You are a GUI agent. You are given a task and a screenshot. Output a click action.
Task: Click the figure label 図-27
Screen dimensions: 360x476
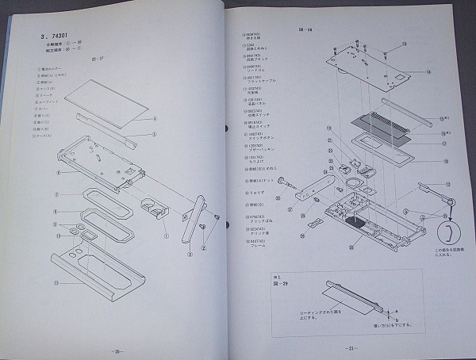click(98, 59)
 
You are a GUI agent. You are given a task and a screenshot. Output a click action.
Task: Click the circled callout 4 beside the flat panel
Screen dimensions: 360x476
click(154, 120)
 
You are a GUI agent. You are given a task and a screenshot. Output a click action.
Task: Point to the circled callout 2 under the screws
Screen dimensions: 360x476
click(203, 247)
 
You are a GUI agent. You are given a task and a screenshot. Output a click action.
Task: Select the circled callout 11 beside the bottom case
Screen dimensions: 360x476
click(56, 282)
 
